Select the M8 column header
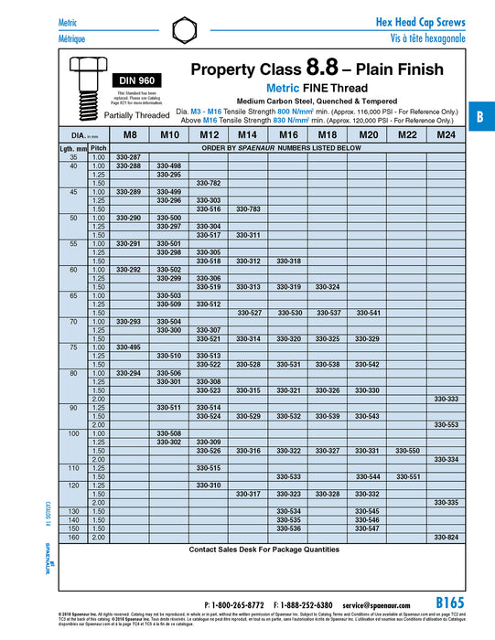[x=130, y=134]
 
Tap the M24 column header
[x=446, y=134]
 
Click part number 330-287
[x=129, y=157]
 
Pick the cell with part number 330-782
[x=209, y=183]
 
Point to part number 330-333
[x=446, y=399]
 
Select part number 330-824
[x=446, y=537]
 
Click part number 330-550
[x=406, y=451]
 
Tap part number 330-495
[x=129, y=347]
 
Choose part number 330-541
[x=367, y=313]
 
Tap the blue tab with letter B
[x=480, y=118]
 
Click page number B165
[x=450, y=603]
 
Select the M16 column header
[x=287, y=134]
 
